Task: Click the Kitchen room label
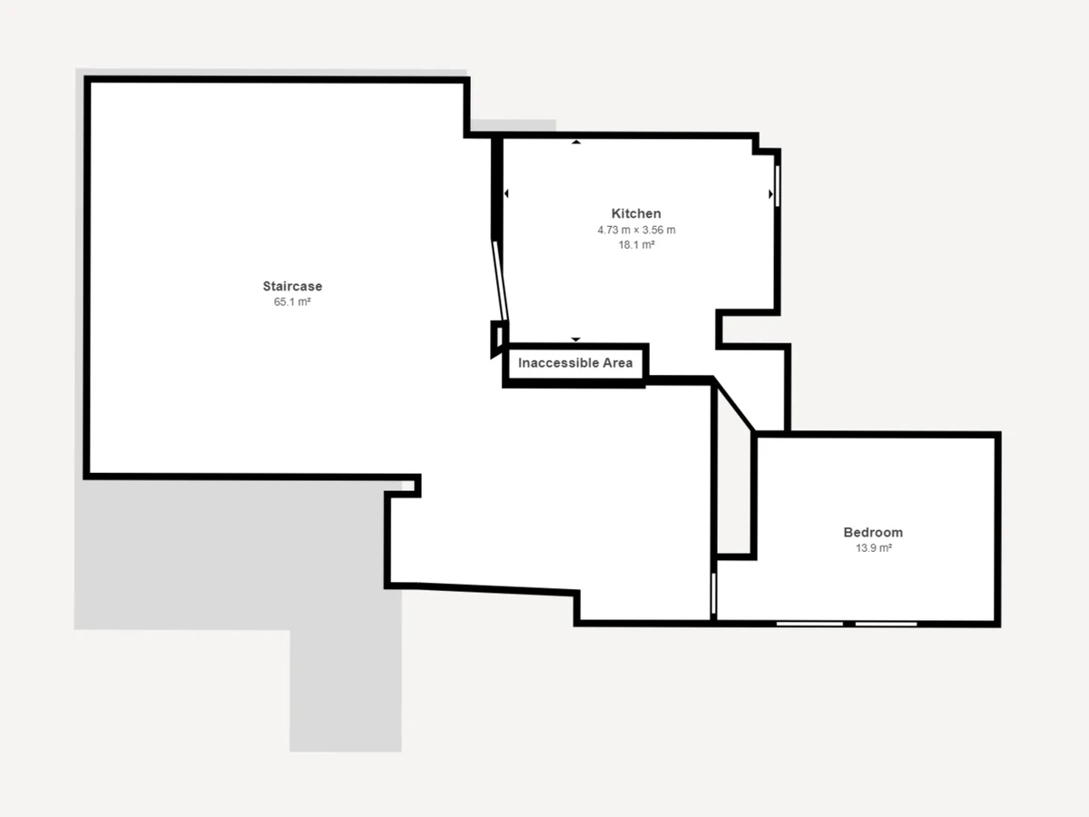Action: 636,213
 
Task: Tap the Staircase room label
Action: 292,286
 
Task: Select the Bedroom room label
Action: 873,532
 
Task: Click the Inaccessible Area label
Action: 575,363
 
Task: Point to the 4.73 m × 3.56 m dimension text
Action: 636,230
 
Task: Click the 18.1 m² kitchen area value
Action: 636,244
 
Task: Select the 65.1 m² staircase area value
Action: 292,301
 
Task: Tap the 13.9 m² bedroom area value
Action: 874,547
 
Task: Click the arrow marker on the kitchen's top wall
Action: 576,142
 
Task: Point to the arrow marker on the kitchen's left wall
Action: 506,193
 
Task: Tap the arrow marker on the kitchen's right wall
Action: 771,194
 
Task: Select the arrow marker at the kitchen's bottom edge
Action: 575,340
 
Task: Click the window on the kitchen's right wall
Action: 778,186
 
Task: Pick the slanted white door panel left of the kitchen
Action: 500,281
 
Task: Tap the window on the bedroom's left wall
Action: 713,594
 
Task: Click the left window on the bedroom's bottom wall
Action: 809,624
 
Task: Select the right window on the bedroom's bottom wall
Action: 886,624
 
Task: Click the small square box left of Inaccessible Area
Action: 498,339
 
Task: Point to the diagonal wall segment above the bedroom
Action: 734,404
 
